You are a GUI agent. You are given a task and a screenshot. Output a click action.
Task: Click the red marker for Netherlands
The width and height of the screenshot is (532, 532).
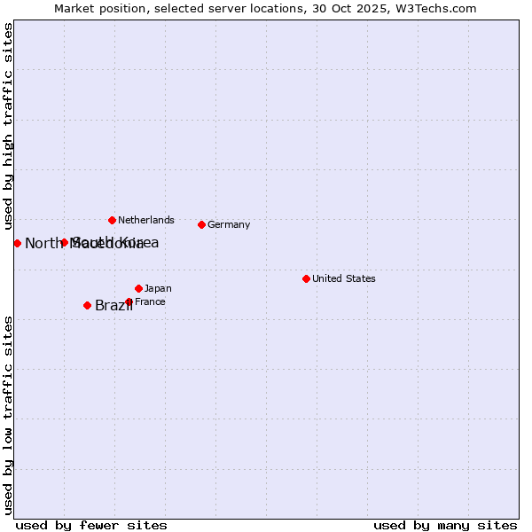112,220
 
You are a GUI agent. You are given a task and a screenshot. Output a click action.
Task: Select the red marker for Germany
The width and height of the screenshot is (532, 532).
202,224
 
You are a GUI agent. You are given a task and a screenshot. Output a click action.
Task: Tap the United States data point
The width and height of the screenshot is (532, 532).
306,278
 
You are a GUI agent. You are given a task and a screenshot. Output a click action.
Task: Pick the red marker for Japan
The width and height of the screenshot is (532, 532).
138,288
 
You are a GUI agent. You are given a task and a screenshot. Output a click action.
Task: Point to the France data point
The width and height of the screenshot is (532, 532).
129,301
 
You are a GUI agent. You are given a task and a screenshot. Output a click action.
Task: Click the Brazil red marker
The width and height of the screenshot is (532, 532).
87,305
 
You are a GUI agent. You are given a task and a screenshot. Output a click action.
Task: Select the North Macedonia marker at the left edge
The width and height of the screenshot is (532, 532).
17,243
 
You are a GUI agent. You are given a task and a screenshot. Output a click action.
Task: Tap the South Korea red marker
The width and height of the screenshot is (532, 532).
64,242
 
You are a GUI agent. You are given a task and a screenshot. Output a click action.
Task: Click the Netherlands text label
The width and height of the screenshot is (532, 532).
146,220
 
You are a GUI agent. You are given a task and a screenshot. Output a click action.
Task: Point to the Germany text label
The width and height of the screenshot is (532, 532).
229,224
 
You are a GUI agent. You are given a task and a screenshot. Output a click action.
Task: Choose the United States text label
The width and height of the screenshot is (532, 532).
344,278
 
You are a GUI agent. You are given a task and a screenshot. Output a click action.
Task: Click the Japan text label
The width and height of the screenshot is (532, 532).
158,288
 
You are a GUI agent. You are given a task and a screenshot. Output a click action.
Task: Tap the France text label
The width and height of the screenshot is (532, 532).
150,301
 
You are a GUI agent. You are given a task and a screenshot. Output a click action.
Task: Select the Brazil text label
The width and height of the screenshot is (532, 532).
113,306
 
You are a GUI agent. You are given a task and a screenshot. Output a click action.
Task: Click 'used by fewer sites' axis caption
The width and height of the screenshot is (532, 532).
91,525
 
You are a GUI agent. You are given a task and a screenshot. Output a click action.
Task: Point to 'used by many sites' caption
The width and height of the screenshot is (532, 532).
445,525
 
